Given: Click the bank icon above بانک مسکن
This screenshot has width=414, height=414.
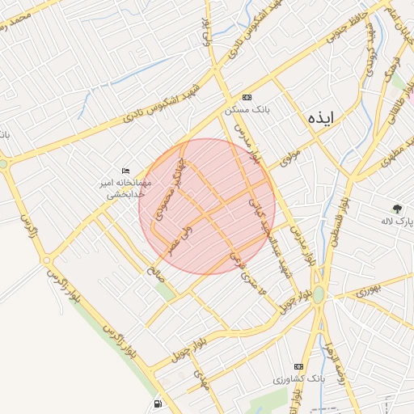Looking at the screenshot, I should click(x=247, y=97).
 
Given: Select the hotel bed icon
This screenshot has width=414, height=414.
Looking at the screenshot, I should click(x=125, y=171).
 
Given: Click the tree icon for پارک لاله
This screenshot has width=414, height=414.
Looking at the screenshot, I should click(x=396, y=208).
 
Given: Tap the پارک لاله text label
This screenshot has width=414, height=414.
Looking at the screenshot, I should click(x=397, y=220).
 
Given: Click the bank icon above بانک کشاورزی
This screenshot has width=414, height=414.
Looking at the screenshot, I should click(x=298, y=365).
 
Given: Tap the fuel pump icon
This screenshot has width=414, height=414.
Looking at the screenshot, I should click(x=156, y=403).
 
